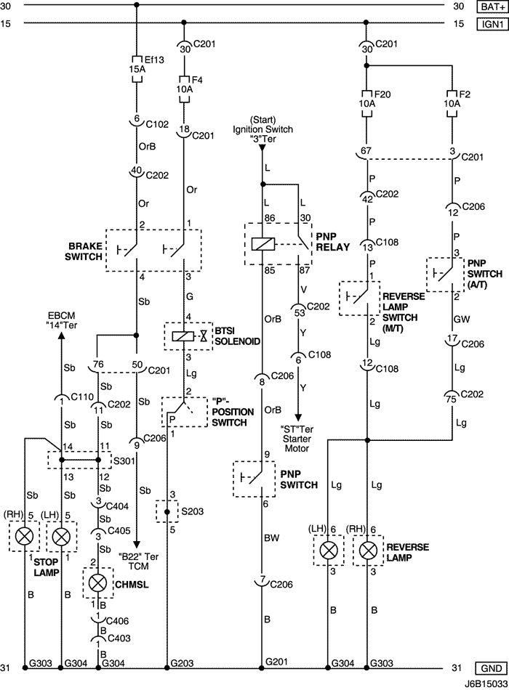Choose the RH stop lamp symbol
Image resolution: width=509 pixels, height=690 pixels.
coord(25,537)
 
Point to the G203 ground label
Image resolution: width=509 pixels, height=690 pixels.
coord(181,662)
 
